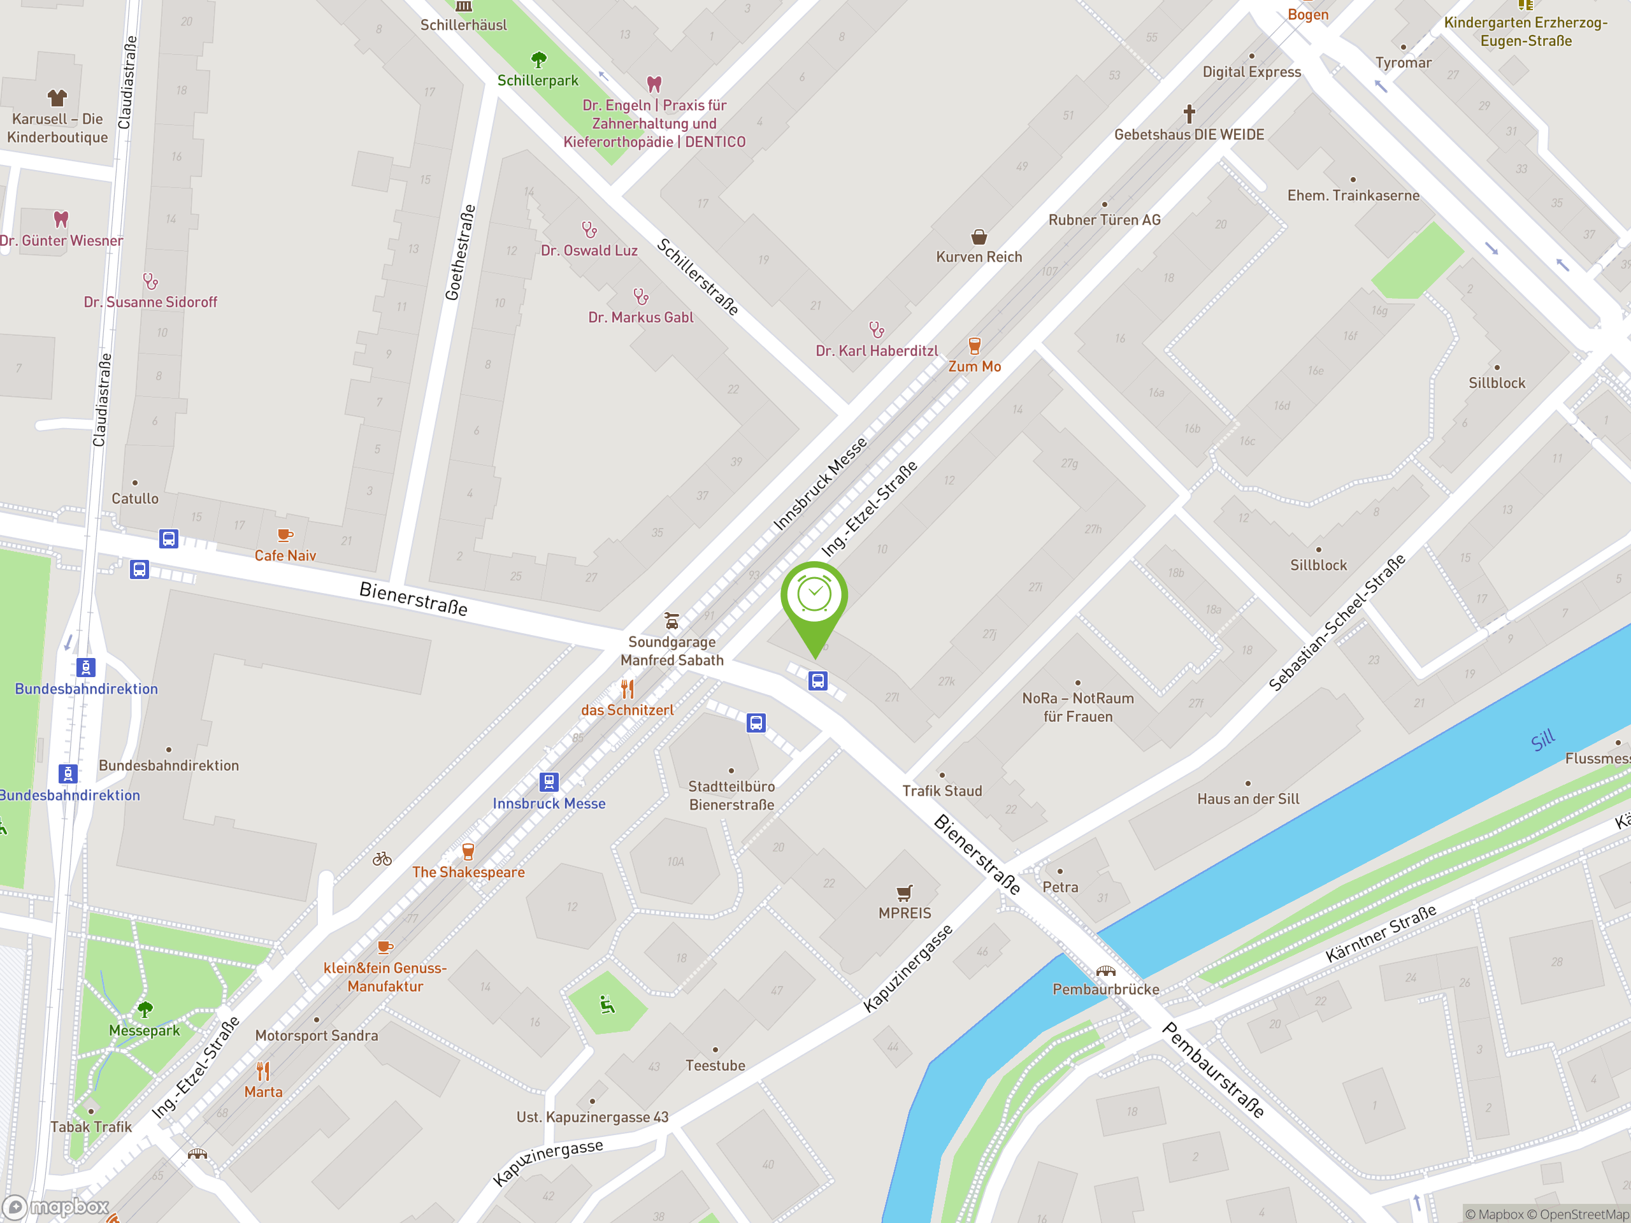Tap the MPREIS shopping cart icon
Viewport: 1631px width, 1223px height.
point(905,893)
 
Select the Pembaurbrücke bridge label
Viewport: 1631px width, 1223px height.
point(1105,989)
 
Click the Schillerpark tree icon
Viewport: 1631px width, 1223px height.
point(539,59)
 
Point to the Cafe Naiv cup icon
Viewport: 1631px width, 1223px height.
point(285,535)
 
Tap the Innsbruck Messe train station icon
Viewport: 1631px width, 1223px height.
point(549,782)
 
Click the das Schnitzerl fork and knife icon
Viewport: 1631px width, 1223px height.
point(627,689)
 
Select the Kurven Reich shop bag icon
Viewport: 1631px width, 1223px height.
point(979,237)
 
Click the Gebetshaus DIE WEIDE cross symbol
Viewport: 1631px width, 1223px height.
point(1189,113)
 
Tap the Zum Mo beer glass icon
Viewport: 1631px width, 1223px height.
point(974,345)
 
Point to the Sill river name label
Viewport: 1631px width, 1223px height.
point(1542,740)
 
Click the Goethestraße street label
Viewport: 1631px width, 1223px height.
point(459,252)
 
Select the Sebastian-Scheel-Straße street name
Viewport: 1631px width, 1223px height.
point(1336,622)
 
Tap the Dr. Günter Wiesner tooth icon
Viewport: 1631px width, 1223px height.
point(61,219)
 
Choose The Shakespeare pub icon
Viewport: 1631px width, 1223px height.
point(468,852)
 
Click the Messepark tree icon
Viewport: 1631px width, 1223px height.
point(145,1008)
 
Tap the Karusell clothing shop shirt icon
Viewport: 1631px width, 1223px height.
point(57,97)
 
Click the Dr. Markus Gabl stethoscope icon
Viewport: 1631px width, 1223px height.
point(641,296)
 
